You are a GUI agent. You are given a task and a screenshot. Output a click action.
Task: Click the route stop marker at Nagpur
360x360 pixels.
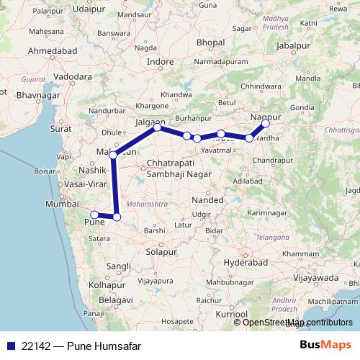pos(266,123)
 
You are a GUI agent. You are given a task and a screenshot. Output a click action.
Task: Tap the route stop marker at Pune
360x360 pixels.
pos(94,214)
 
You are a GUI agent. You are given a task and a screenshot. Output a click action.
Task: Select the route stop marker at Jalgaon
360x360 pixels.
pos(158,127)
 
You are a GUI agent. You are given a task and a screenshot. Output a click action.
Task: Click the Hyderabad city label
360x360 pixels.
pos(244,264)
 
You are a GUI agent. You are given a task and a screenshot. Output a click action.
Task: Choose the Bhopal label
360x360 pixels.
pos(210,44)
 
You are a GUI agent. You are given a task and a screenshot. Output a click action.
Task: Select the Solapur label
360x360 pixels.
pos(161,252)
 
